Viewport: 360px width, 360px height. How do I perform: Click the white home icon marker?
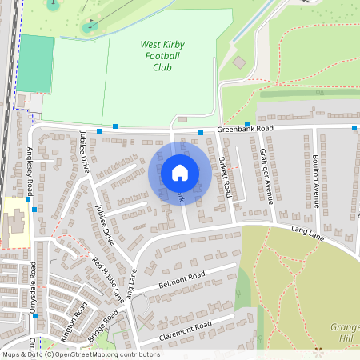pyautogui.click(x=180, y=172)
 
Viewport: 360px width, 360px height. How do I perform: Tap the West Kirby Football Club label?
pyautogui.click(x=162, y=56)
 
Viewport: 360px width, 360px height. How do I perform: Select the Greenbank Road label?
pyautogui.click(x=246, y=129)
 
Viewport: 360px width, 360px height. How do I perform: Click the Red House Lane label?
pyautogui.click(x=107, y=279)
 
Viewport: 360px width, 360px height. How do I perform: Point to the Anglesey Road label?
pyautogui.click(x=30, y=171)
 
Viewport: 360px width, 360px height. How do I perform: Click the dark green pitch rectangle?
pyautogui.click(x=34, y=63)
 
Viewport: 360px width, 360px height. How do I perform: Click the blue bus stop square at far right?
pyautogui.click(x=354, y=128)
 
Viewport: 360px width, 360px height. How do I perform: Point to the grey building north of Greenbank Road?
pyautogui.click(x=239, y=62)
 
